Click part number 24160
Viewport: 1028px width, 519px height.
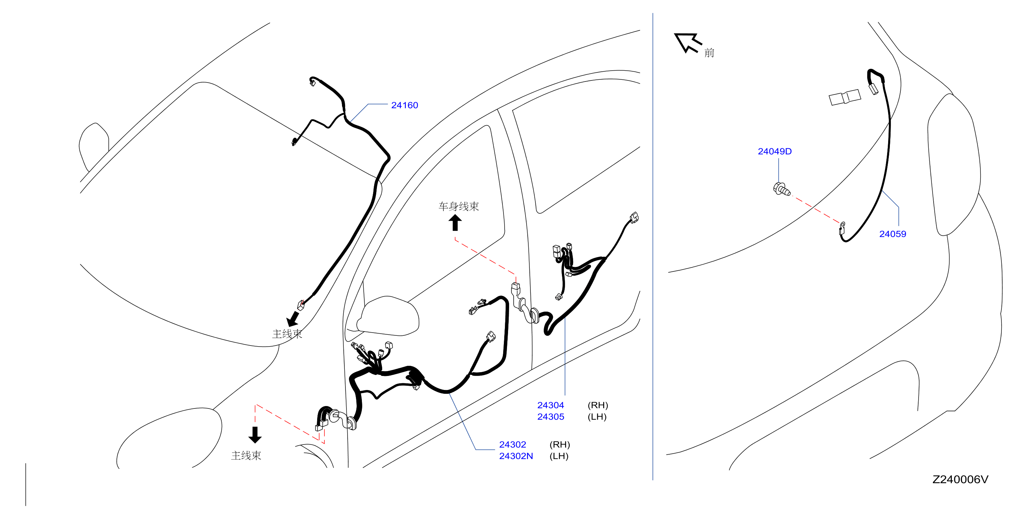click(x=404, y=105)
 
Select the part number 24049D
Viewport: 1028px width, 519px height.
click(x=774, y=151)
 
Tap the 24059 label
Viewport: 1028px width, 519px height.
click(x=893, y=234)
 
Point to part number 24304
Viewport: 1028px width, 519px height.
click(x=551, y=405)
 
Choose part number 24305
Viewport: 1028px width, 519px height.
click(x=551, y=417)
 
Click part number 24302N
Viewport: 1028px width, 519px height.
click(x=516, y=456)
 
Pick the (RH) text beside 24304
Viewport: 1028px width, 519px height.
click(x=598, y=405)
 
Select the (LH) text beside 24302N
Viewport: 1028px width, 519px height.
click(x=559, y=456)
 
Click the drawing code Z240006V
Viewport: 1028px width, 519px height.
click(x=960, y=479)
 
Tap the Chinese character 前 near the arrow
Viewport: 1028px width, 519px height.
click(x=709, y=53)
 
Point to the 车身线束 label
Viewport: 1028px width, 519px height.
click(x=458, y=206)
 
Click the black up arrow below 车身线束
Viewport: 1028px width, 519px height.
click(x=455, y=223)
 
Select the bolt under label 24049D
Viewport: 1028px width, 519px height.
click(x=781, y=189)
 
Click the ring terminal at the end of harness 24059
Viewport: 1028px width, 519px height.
click(x=842, y=228)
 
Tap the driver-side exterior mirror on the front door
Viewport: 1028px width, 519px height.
click(x=387, y=316)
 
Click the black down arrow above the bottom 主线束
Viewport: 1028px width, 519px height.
click(x=255, y=435)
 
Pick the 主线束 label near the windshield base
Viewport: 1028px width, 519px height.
click(x=287, y=334)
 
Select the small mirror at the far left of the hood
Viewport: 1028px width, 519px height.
click(x=94, y=147)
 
